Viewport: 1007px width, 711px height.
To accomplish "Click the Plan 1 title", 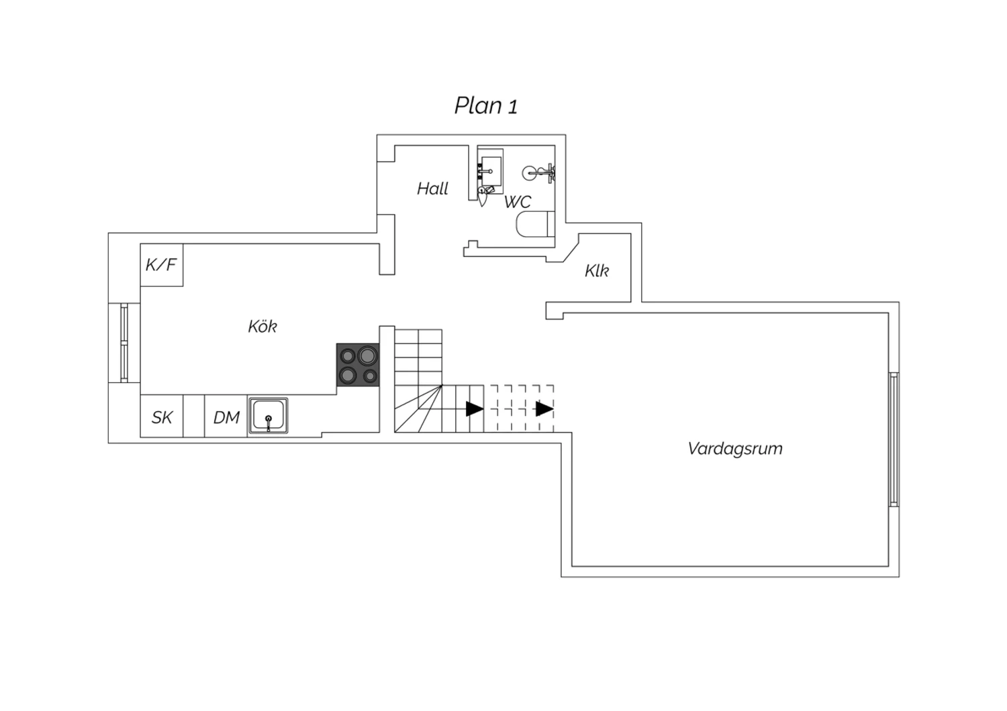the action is (x=485, y=106).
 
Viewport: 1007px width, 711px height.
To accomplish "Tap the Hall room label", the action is (x=432, y=188).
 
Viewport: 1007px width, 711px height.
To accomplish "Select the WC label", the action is (x=518, y=202).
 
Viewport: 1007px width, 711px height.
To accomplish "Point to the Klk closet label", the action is (x=597, y=271).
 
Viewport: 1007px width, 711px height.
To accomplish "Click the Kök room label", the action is (x=262, y=326).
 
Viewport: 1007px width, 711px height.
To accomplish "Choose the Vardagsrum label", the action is (x=735, y=448).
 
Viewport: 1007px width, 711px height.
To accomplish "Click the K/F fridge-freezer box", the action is (x=161, y=265).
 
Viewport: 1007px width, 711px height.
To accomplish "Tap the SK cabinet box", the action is (x=161, y=417).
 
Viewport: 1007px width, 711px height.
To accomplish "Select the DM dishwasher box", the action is (x=226, y=417).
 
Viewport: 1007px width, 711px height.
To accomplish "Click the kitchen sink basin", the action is (x=269, y=415).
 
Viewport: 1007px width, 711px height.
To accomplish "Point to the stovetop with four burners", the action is (x=358, y=365).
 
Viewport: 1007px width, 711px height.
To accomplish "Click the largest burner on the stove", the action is (x=367, y=355).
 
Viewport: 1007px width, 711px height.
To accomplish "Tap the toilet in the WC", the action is (x=536, y=223).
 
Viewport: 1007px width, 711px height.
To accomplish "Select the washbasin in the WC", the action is (x=490, y=171).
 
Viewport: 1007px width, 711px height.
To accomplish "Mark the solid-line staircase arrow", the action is (x=475, y=408).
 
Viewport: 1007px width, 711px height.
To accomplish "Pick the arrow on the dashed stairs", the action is (x=544, y=408).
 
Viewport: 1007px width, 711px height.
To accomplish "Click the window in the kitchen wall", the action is (x=124, y=343).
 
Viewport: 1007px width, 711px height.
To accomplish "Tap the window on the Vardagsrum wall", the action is (x=894, y=439).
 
